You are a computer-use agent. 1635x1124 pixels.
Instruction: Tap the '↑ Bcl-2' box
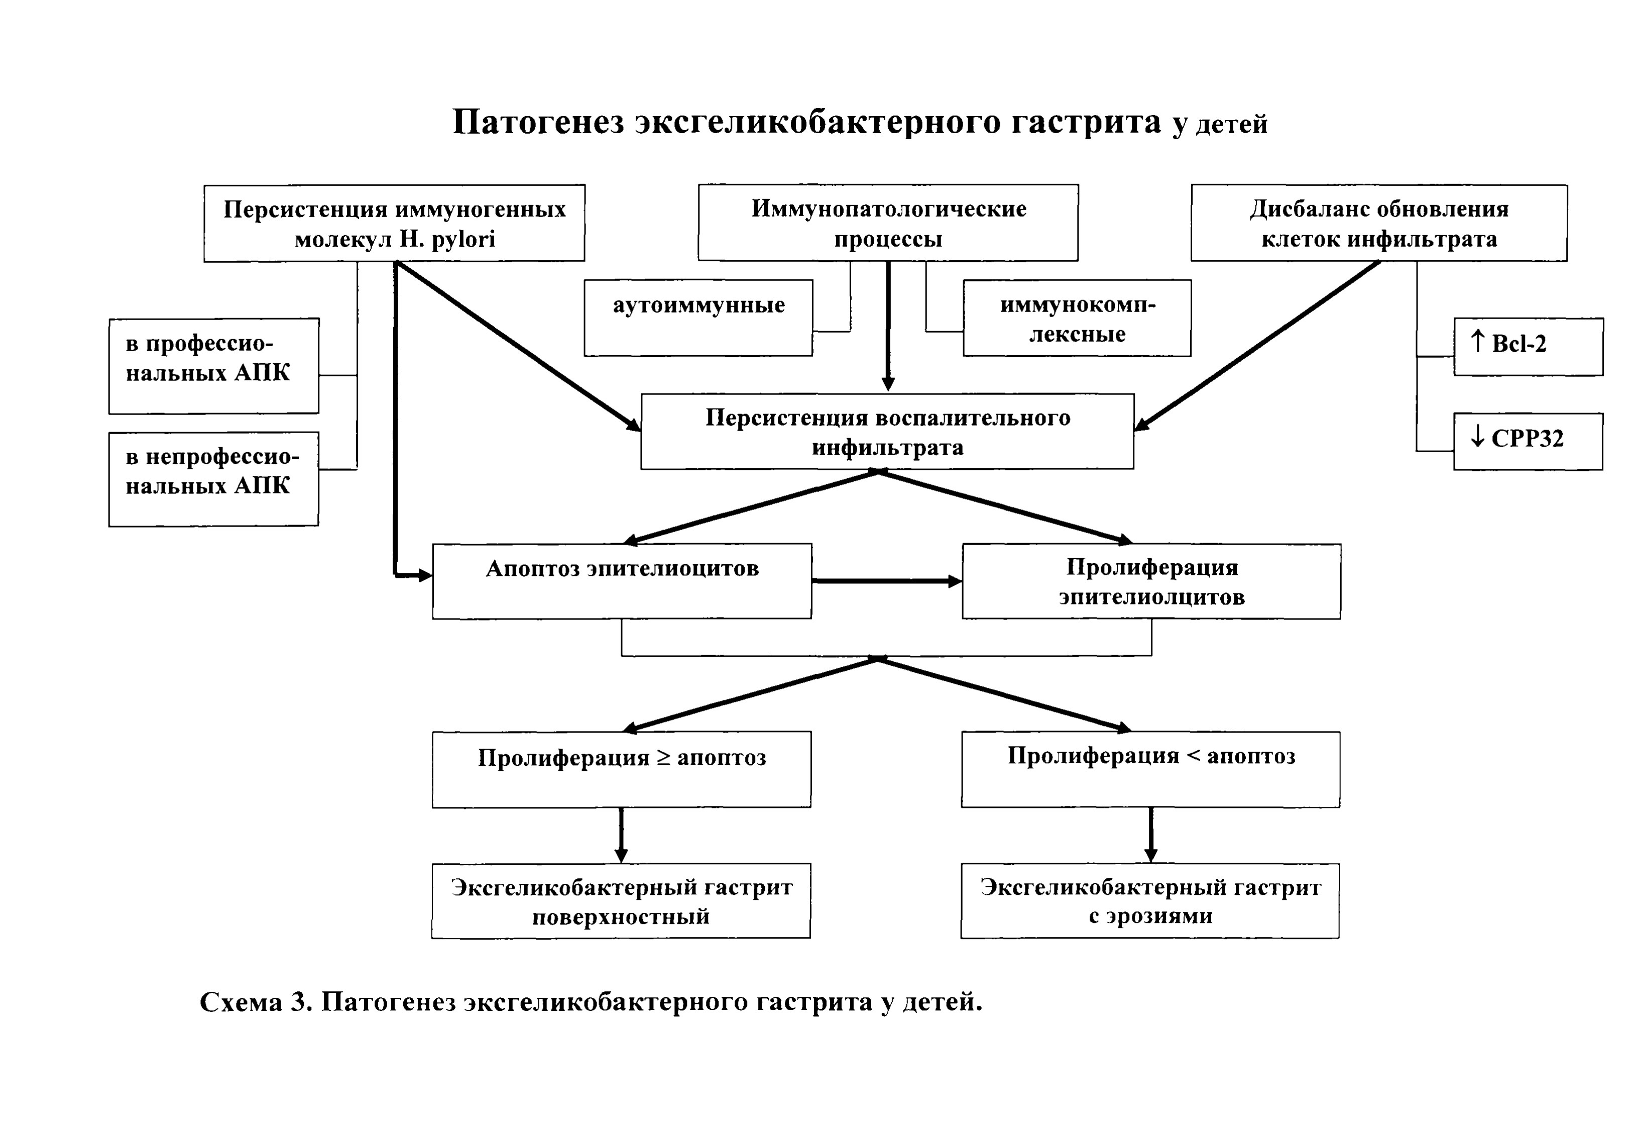click(x=1529, y=347)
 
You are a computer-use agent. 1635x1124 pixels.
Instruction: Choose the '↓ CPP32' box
click(x=1528, y=442)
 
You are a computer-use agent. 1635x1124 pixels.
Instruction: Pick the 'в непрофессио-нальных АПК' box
click(x=214, y=479)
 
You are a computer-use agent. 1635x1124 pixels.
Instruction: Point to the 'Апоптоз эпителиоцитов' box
click(x=622, y=581)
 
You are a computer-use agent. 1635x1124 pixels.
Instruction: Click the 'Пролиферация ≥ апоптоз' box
click(x=622, y=769)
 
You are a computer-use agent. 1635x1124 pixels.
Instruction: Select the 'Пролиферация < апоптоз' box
click(x=1151, y=769)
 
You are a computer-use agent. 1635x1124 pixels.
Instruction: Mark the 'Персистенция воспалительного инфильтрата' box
click(x=887, y=431)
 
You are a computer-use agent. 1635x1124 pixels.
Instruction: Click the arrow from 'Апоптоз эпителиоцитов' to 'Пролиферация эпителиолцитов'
click(x=887, y=581)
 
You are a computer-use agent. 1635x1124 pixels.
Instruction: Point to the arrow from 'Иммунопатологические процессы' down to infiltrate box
click(x=888, y=326)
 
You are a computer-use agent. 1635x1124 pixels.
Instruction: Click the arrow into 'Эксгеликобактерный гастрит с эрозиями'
click(x=1151, y=835)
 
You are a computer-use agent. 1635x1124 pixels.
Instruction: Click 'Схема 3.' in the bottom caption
click(x=256, y=1001)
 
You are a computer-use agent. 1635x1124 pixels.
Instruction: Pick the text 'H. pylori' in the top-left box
click(x=447, y=240)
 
